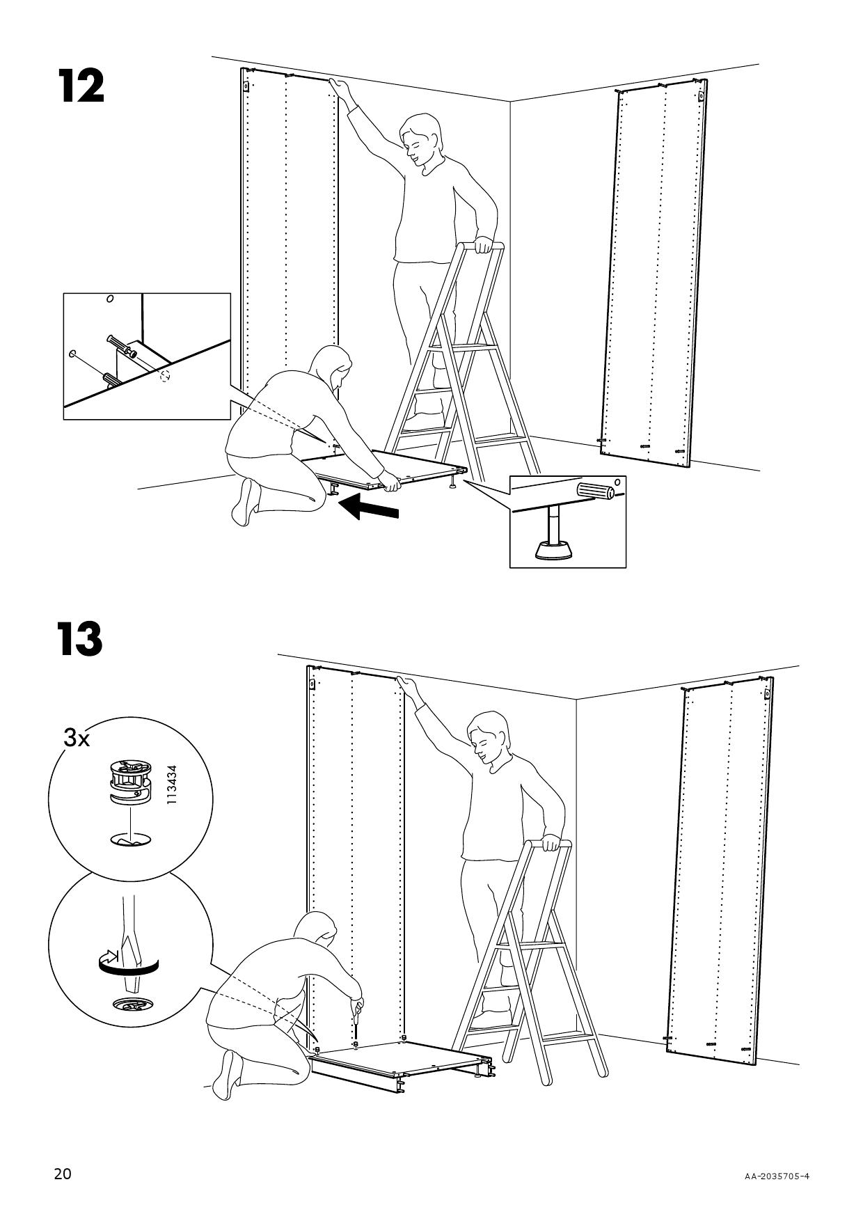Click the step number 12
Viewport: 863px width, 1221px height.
click(81, 86)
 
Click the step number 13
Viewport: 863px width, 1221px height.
click(81, 639)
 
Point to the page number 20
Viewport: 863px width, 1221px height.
click(63, 1174)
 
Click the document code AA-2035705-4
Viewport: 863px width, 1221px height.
click(777, 1177)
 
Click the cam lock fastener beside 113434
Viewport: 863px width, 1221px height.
click(129, 782)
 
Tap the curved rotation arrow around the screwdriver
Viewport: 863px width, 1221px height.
click(128, 964)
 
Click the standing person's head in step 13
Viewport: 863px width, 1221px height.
click(488, 737)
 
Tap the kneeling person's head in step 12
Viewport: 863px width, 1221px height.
click(334, 368)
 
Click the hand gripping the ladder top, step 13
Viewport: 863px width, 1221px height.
click(550, 843)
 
